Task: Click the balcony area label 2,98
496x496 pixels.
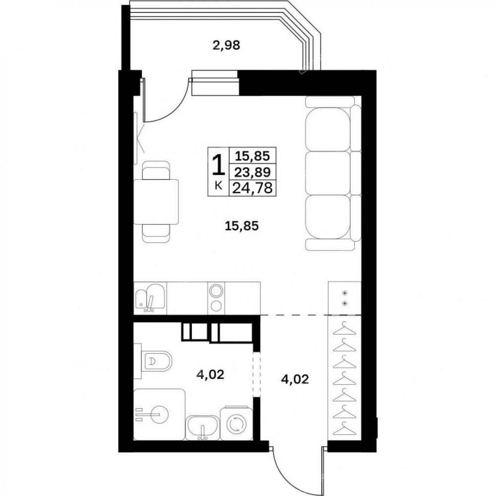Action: click(226, 46)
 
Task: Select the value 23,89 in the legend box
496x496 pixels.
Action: click(252, 173)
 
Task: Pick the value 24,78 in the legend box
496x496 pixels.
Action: click(252, 188)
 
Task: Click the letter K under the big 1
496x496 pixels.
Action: click(218, 186)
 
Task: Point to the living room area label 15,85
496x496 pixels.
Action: click(242, 226)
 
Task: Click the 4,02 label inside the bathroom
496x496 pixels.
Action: click(210, 374)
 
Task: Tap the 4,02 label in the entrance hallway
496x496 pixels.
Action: click(295, 379)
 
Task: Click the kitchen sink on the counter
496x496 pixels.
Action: click(150, 298)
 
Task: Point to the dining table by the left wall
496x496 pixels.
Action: click(156, 202)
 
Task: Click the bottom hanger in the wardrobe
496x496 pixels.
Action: click(344, 430)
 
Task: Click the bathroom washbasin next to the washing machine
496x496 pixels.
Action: click(202, 428)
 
